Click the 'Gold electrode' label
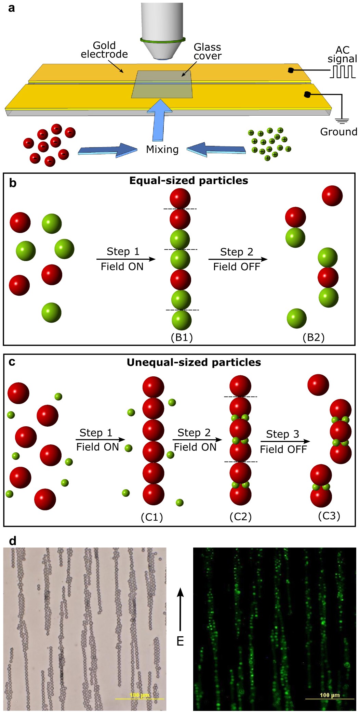pyautogui.click(x=104, y=50)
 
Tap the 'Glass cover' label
pyautogui.click(x=207, y=52)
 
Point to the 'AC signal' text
pyautogui.click(x=342, y=54)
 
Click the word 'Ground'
pyautogui.click(x=338, y=132)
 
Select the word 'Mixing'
pyautogui.click(x=162, y=150)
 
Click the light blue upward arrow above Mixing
pyautogui.click(x=159, y=120)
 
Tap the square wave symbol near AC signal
pyautogui.click(x=343, y=72)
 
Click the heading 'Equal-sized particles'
pyautogui.click(x=188, y=181)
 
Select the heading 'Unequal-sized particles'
pyautogui.click(x=194, y=362)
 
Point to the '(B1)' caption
pyautogui.click(x=182, y=338)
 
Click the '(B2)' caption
pyautogui.click(x=313, y=338)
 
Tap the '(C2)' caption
pyautogui.click(x=240, y=517)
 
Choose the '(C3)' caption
pyautogui.click(x=329, y=516)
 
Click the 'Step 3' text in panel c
pyautogui.click(x=282, y=434)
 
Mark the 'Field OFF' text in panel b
pyautogui.click(x=237, y=267)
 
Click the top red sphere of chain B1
pyautogui.click(x=180, y=198)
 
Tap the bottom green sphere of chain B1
pyautogui.click(x=182, y=320)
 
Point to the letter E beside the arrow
pyautogui.click(x=180, y=641)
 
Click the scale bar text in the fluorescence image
pyautogui.click(x=330, y=695)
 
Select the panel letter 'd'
pyautogui.click(x=13, y=541)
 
